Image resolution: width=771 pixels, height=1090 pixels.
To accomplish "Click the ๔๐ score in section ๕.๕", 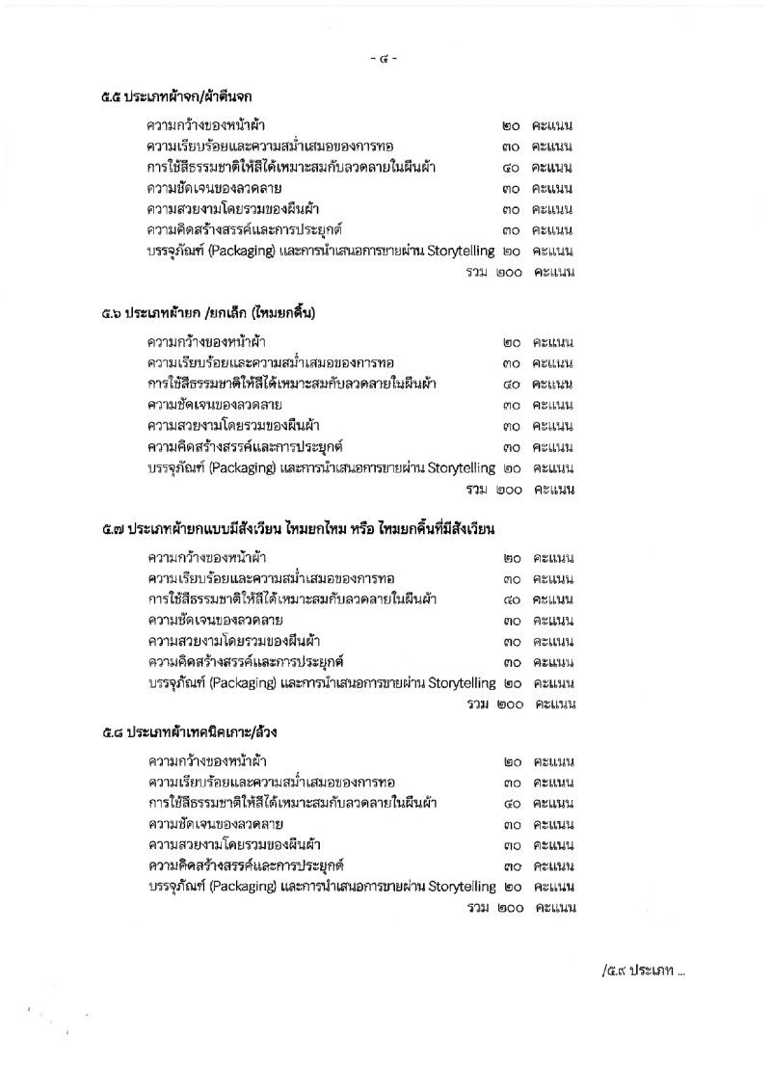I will click(512, 168).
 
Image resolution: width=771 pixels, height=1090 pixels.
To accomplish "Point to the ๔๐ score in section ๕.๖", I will click(512, 385).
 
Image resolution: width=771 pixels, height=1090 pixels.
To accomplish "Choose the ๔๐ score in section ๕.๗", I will click(513, 600).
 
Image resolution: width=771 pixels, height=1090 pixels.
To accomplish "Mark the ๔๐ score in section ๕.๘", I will click(513, 803).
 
